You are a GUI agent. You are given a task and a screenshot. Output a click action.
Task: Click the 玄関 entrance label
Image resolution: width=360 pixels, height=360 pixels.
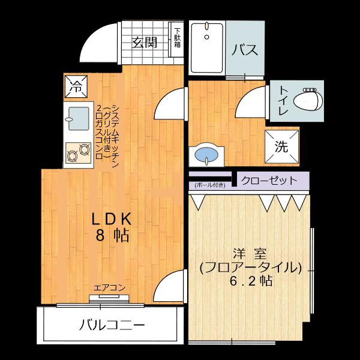click(x=145, y=42)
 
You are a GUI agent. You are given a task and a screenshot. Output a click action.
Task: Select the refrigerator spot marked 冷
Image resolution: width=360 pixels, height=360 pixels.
click(x=76, y=85)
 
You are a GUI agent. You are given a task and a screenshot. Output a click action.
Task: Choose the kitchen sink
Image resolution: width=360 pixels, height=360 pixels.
click(x=76, y=118)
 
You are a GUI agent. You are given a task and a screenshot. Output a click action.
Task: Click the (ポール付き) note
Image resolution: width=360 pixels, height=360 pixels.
click(x=209, y=185)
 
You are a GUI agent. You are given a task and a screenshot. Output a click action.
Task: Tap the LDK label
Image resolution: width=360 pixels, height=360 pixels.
click(x=112, y=218)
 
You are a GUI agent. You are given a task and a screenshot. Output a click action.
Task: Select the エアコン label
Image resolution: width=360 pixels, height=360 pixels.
click(x=109, y=287)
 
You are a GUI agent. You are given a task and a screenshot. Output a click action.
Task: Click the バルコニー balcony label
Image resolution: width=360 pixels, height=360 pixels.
click(x=112, y=326)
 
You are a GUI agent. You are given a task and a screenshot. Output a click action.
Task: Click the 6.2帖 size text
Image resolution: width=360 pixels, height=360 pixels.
click(x=250, y=280)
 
